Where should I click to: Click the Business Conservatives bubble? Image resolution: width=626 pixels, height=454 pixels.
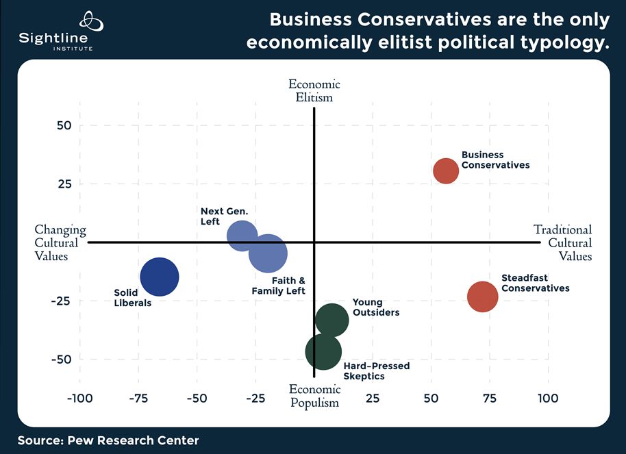[x=446, y=171]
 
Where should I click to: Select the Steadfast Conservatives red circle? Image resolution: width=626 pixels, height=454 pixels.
[x=483, y=297]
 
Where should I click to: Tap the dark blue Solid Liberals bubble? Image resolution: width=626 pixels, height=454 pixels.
[x=160, y=277]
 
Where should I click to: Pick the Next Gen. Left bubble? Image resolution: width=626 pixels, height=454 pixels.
[x=242, y=236]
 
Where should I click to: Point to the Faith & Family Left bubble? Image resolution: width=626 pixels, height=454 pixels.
[x=268, y=253]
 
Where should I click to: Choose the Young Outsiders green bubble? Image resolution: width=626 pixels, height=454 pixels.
[x=331, y=319]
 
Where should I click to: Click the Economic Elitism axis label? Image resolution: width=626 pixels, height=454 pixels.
[x=314, y=90]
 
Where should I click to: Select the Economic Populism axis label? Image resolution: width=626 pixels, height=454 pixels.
[x=314, y=396]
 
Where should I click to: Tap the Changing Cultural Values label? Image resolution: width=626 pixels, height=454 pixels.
[x=60, y=242]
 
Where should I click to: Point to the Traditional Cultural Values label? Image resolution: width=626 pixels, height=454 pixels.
[x=564, y=242]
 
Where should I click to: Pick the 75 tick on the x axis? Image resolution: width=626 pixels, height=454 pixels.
[x=490, y=399]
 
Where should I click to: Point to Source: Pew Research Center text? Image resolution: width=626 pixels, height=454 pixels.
[x=108, y=440]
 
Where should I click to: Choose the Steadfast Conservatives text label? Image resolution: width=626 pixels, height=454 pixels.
[x=535, y=283]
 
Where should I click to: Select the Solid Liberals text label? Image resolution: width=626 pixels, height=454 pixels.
[x=132, y=298]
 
